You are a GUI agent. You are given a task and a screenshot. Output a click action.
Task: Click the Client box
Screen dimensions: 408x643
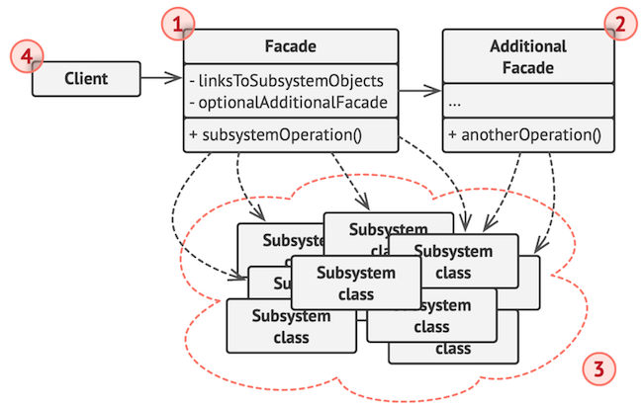[86, 77]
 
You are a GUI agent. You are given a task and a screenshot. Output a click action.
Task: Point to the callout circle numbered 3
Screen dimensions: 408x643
[600, 369]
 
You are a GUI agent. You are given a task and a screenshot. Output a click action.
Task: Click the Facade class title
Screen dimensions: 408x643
[291, 46]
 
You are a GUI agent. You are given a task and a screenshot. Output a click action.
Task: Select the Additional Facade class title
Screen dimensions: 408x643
[527, 57]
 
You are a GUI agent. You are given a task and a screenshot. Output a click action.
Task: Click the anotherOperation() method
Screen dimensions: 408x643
[529, 134]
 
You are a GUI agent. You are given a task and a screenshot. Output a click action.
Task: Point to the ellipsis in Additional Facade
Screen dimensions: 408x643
[455, 103]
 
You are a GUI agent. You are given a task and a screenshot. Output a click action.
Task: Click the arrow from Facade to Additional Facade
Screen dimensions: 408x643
[419, 92]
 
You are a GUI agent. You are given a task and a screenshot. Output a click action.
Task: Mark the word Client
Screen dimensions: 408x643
[86, 77]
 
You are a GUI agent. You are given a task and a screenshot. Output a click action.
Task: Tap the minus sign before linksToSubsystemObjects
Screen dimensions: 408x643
[192, 80]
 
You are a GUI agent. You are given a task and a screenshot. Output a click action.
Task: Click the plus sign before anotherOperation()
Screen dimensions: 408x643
[452, 134]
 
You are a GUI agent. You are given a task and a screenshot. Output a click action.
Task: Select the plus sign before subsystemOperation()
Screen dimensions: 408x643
[193, 134]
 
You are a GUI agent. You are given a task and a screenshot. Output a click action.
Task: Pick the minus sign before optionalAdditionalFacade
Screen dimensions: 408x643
[192, 101]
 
